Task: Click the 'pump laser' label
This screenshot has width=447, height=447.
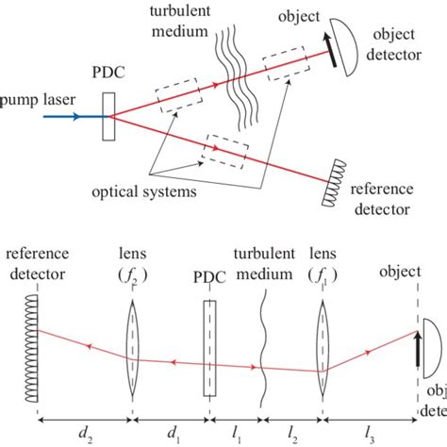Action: point(31,97)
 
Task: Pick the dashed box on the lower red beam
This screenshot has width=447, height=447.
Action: point(228,148)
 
